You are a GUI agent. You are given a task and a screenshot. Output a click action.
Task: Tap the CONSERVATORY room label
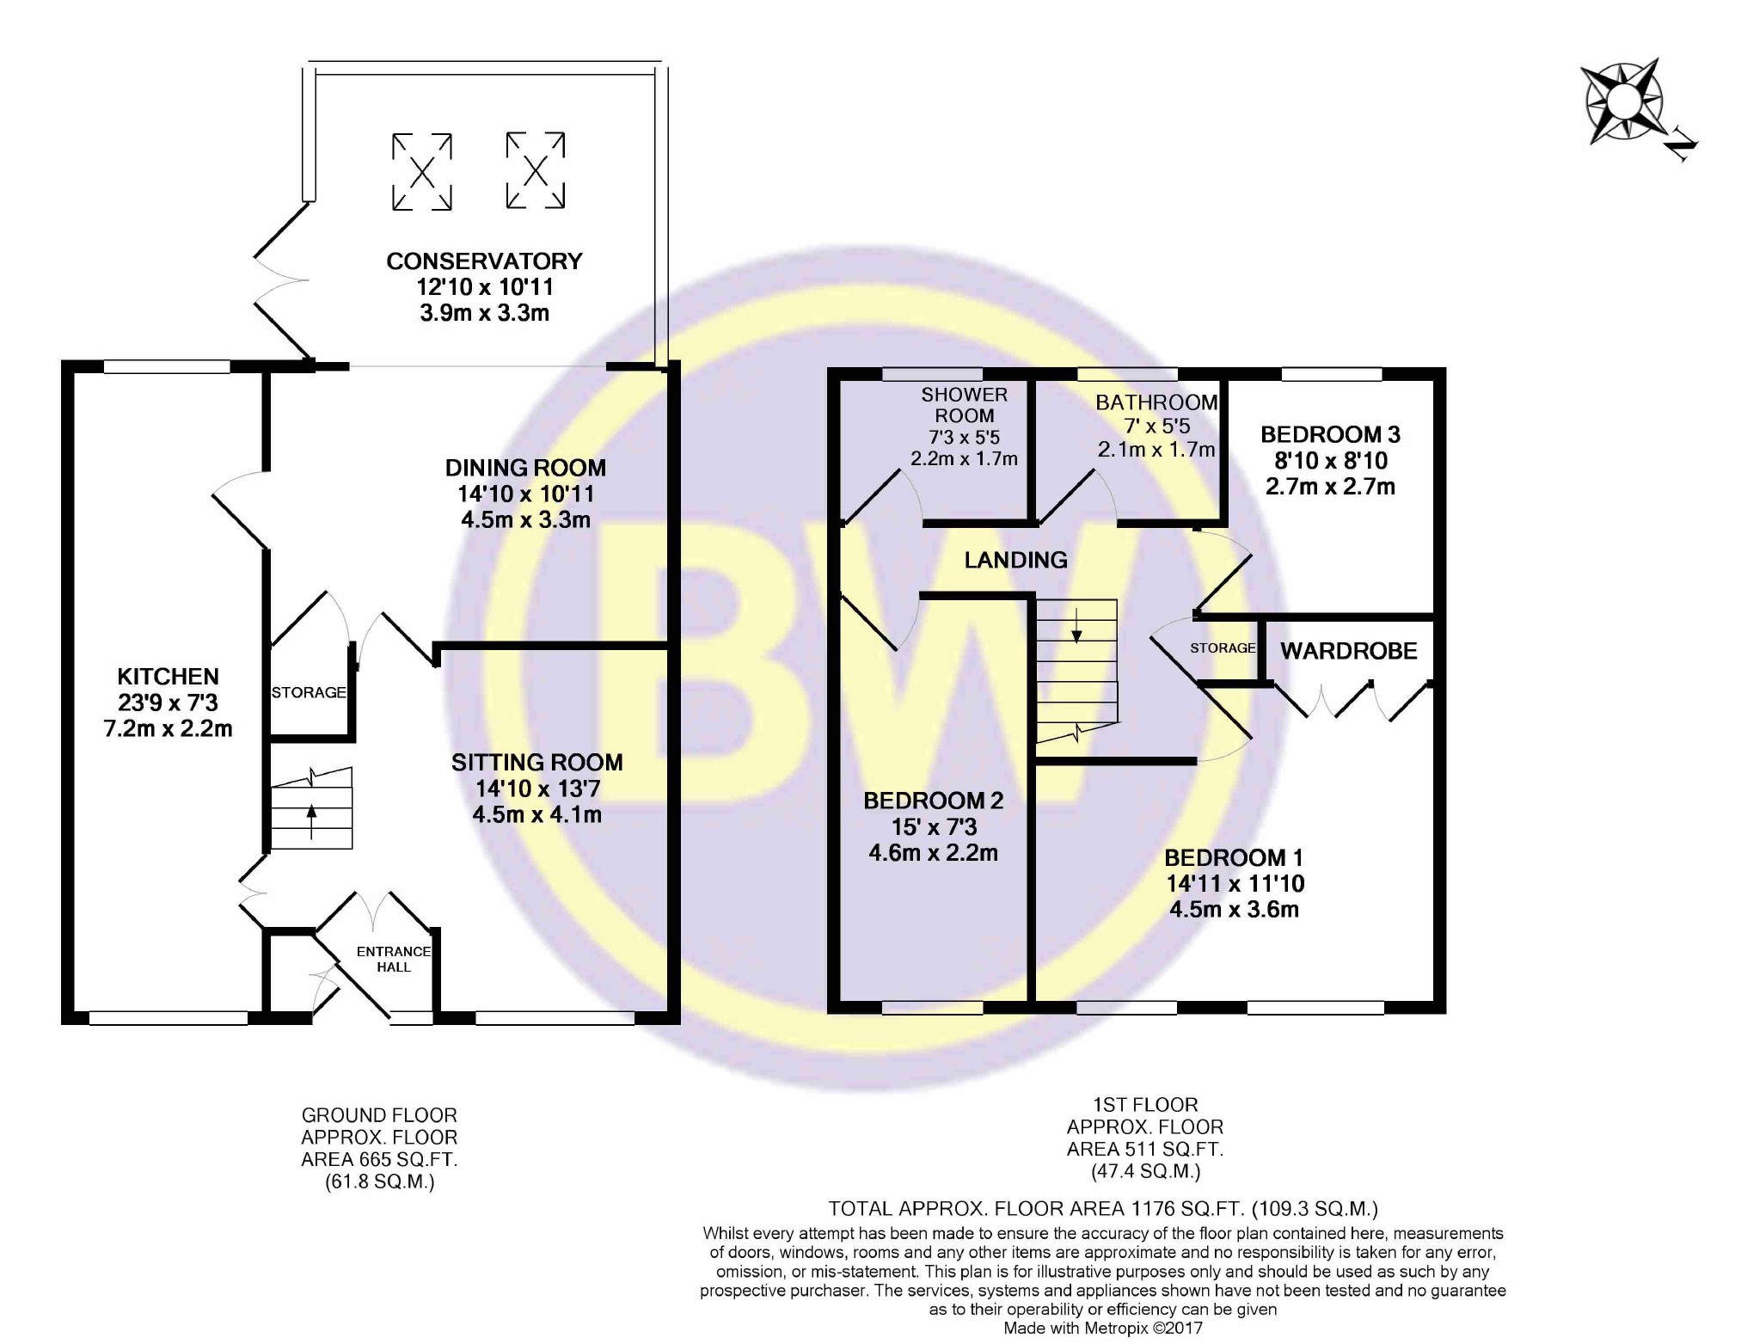[484, 261]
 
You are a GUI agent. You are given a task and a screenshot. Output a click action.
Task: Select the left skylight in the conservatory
[422, 172]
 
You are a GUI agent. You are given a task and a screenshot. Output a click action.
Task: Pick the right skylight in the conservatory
[536, 170]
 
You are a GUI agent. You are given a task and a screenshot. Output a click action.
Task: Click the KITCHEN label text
[169, 677]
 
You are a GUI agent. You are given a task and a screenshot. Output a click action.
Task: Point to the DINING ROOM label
[525, 469]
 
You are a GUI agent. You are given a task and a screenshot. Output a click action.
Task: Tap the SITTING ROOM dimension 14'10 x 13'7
[537, 789]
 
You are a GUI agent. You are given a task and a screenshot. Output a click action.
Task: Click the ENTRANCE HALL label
[394, 959]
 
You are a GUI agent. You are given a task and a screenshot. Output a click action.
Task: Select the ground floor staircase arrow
[311, 820]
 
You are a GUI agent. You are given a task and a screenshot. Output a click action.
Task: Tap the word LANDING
[1015, 561]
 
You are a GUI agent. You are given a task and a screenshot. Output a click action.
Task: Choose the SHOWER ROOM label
[964, 405]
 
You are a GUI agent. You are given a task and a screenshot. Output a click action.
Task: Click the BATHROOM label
[1156, 402]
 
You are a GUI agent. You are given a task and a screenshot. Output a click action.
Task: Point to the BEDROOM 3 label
[1330, 434]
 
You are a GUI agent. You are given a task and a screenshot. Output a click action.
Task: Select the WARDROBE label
[1348, 651]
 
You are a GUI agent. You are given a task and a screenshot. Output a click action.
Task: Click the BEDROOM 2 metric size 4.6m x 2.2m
[933, 853]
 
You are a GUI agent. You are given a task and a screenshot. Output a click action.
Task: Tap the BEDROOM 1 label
[1234, 857]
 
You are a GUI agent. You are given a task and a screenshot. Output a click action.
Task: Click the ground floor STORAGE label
[309, 692]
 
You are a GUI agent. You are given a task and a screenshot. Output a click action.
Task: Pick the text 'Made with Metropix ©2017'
[1103, 1329]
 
